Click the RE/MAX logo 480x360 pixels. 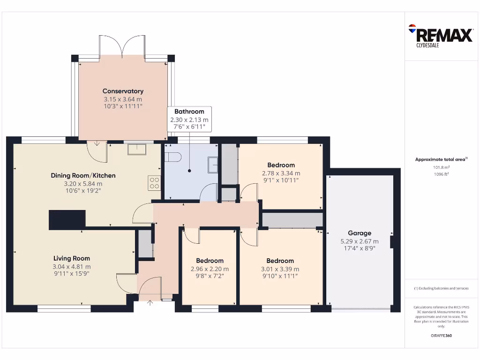coord(441,34)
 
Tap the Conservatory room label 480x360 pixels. coord(123,91)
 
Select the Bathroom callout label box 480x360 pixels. coord(189,119)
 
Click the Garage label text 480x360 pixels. coord(360,233)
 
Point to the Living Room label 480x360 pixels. coord(71,258)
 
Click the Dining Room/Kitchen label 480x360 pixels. coord(83,175)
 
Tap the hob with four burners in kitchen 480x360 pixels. coord(154,182)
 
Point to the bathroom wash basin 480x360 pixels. coord(213,164)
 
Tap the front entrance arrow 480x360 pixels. coord(150,303)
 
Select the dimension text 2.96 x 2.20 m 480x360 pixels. coord(210,269)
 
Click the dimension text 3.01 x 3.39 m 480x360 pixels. coord(280,269)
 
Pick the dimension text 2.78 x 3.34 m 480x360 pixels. coord(281,173)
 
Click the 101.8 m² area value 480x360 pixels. coord(441,167)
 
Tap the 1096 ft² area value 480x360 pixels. coord(441,174)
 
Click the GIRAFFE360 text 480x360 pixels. coord(441,336)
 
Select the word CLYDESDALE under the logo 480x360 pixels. coord(427,46)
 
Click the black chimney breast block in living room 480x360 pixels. coord(67,220)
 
